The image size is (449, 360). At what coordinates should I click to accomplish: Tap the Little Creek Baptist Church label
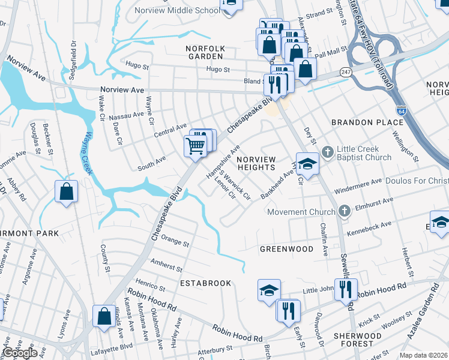pyautogui.click(x=364, y=153)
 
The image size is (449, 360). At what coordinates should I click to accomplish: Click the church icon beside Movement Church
pyautogui.click(x=344, y=211)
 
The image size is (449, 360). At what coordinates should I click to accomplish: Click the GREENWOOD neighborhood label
pyautogui.click(x=286, y=248)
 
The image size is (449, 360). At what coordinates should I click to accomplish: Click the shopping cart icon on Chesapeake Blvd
pyautogui.click(x=195, y=145)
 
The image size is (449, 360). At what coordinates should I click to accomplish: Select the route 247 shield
pyautogui.click(x=346, y=71)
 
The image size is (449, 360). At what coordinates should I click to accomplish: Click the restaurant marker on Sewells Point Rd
pyautogui.click(x=346, y=289)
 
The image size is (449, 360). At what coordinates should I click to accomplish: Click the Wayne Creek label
pyautogui.click(x=88, y=153)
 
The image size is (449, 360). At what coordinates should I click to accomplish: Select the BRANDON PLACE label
pyautogui.click(x=368, y=122)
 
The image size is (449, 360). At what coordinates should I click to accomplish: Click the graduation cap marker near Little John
pyautogui.click(x=269, y=290)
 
